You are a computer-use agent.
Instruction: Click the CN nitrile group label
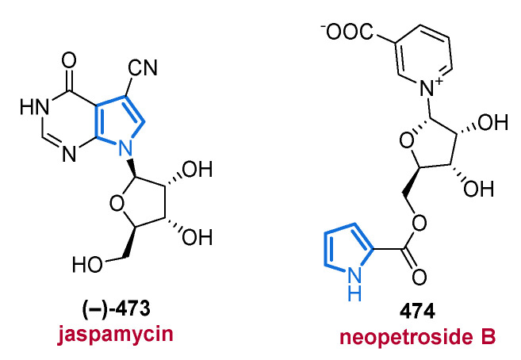point(143,67)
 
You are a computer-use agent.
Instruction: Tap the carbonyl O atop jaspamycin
point(69,61)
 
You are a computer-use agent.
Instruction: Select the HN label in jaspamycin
point(34,107)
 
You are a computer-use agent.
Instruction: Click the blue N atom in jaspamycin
point(125,147)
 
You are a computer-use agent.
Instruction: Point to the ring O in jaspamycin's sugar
point(117,204)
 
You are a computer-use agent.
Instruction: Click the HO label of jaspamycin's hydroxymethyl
point(88,264)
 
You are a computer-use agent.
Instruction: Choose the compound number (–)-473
point(116,308)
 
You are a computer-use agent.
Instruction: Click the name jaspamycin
point(115,334)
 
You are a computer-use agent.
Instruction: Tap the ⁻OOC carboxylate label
point(347,33)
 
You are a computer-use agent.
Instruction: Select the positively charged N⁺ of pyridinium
point(431,88)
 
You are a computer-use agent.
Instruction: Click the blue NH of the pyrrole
point(354,284)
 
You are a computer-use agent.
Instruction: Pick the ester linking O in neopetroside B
point(419,223)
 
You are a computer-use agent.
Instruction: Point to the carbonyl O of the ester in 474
point(419,277)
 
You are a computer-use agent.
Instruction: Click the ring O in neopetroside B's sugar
point(407,140)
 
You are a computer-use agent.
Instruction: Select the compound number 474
point(417,312)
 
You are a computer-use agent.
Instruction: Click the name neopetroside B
point(418,336)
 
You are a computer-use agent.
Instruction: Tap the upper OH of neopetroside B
point(492,123)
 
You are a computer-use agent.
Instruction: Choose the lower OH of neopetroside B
point(478,189)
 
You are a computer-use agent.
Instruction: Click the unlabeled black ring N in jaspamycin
point(69,154)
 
